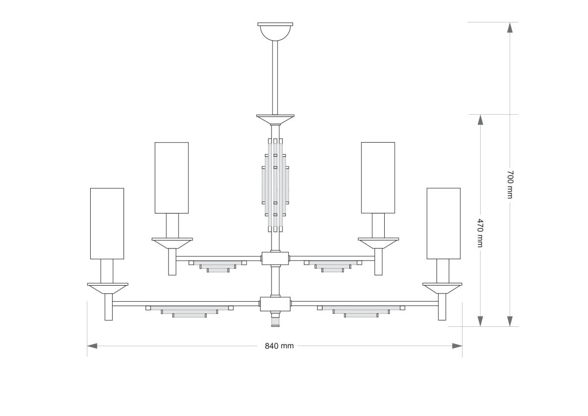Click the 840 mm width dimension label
279,346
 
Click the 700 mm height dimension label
510,185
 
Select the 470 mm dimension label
480,233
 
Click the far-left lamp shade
107,223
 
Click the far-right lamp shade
443,223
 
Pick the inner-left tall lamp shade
171,178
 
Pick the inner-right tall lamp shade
378,178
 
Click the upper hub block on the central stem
275,258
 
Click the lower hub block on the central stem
275,304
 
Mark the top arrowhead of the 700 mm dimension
510,27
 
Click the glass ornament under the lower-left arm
189,311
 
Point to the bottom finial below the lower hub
275,320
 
